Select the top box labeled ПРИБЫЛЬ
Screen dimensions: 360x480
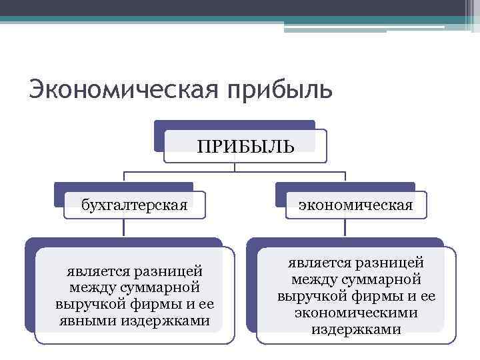point(245,145)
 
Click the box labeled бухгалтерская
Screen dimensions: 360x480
point(134,205)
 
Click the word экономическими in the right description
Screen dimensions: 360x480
point(356,312)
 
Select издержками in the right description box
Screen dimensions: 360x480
point(356,329)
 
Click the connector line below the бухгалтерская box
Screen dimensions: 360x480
point(124,227)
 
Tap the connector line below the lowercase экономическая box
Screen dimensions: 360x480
point(345,227)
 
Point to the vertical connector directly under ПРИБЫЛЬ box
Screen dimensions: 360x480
point(235,167)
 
